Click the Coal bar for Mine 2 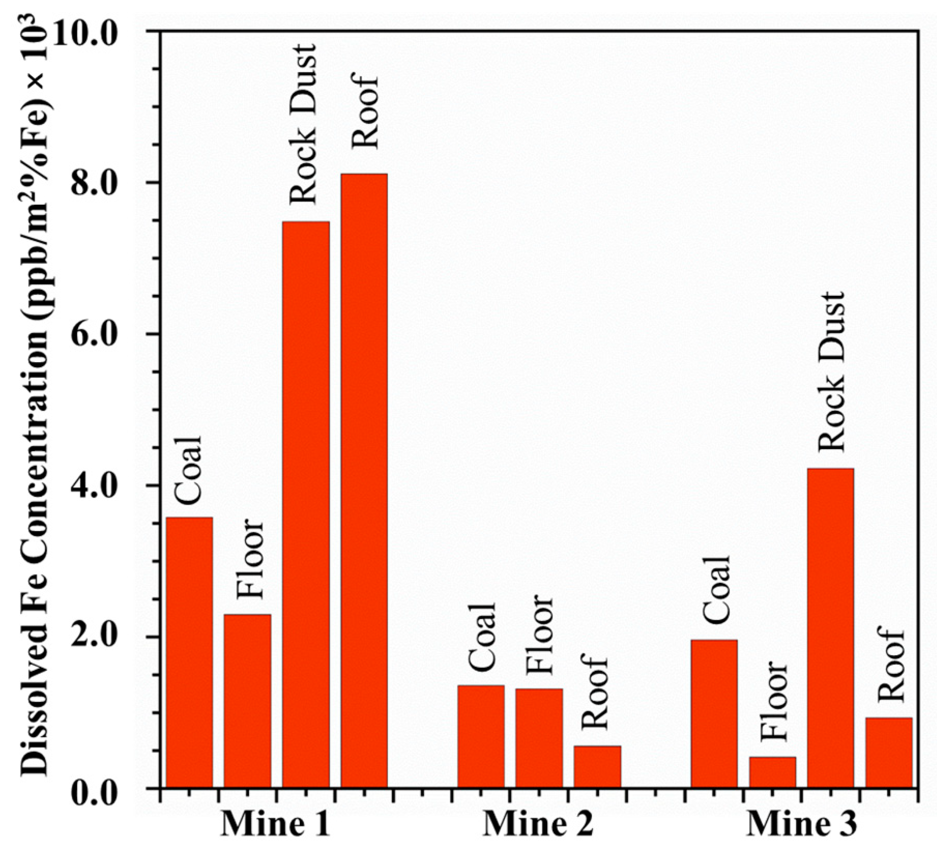[x=481, y=736]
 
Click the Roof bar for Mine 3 [x=888, y=753]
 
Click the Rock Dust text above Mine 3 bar [x=831, y=372]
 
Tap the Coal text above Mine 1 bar [x=189, y=470]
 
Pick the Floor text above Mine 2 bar [x=539, y=635]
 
